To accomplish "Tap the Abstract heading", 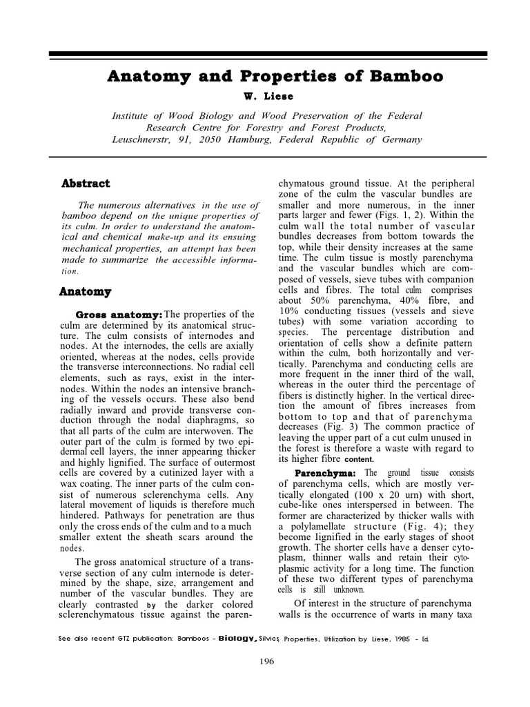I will pos(86,184).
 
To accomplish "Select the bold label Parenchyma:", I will pos(325,473).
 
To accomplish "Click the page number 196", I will pos(267,661).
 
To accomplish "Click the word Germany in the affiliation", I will pos(397,139).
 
